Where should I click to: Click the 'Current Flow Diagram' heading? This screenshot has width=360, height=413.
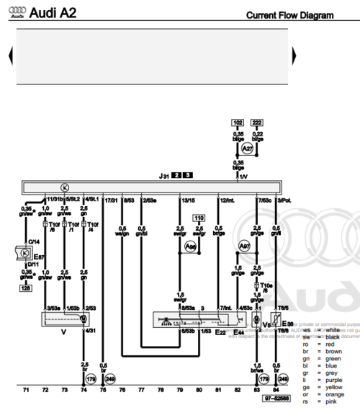(x=289, y=15)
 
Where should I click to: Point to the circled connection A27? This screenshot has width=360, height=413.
(x=247, y=148)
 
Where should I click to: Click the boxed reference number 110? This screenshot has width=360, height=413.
(x=199, y=218)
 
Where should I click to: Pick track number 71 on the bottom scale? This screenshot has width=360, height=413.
(x=26, y=390)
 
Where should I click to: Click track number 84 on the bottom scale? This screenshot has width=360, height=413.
(x=276, y=390)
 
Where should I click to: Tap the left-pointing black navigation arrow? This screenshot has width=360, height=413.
(x=10, y=55)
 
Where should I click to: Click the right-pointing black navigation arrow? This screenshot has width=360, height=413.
(x=294, y=55)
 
